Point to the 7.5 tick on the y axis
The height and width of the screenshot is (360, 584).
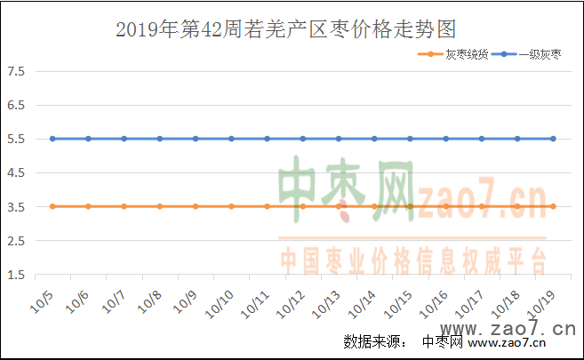click(x=18, y=71)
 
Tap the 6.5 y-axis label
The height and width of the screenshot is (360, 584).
click(x=18, y=105)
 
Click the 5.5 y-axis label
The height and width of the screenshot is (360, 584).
click(x=18, y=139)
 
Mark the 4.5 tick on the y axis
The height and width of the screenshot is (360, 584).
click(x=18, y=172)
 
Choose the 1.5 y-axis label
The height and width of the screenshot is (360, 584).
click(x=18, y=275)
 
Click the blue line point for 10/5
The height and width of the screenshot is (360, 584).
click(x=52, y=139)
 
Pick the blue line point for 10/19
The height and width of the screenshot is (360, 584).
click(x=553, y=139)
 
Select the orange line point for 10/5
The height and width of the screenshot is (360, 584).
click(x=52, y=206)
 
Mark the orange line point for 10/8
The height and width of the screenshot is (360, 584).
click(x=160, y=206)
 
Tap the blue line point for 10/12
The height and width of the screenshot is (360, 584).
click(x=303, y=139)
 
